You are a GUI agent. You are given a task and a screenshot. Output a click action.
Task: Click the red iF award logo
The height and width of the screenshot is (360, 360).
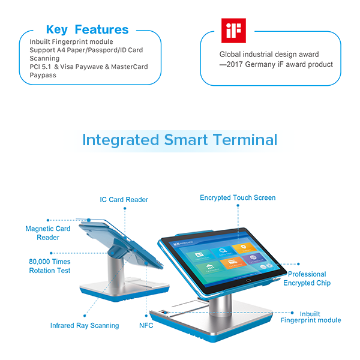pos(231,31)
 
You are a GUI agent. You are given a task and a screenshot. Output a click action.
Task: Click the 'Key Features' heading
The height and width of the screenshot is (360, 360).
pos(87,29)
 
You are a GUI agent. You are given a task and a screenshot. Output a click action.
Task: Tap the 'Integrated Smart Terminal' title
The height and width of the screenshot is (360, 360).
pos(179,140)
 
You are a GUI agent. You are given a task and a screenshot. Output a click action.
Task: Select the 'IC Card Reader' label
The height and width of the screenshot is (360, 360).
pos(124,200)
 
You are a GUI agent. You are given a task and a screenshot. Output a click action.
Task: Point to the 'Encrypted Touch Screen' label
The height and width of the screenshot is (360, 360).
pos(238,197)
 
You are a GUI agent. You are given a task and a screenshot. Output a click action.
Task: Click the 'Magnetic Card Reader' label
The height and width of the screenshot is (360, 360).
pos(47,233)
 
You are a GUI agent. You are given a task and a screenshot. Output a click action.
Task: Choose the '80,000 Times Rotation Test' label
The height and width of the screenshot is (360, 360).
pos(49,266)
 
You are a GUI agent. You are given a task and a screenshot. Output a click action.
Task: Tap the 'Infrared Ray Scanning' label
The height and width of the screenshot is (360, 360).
pos(84,326)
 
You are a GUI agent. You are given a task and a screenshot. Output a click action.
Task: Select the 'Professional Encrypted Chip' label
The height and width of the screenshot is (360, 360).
pos(307,278)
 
